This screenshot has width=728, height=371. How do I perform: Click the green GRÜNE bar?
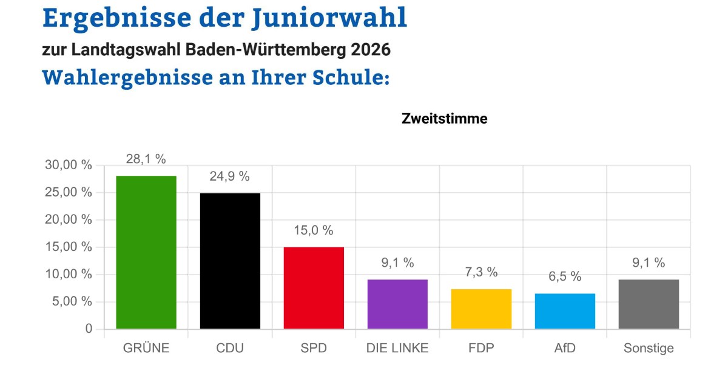coord(146,252)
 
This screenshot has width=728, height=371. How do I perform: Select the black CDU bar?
coord(230,261)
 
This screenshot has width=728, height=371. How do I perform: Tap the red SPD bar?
coord(314,288)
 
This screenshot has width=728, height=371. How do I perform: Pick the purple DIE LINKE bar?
coord(397,304)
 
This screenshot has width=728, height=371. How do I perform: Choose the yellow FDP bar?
coord(481,309)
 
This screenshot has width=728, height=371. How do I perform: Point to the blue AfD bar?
coord(565,312)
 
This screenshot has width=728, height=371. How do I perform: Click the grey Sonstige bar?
coord(649,304)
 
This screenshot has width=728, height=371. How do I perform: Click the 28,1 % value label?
coord(146,159)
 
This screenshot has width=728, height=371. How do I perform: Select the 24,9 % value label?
coord(230,176)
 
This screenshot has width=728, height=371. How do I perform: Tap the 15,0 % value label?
coord(314,230)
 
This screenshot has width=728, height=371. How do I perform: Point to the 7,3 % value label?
coord(481,272)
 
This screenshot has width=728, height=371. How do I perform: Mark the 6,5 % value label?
coord(565,276)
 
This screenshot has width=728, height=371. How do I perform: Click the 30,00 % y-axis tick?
coord(69,165)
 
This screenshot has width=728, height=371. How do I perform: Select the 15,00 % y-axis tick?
coord(69,247)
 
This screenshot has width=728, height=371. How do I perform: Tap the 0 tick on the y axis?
coord(89,329)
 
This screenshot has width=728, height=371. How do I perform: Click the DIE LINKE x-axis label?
coord(397,348)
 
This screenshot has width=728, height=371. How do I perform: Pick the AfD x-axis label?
coord(565,348)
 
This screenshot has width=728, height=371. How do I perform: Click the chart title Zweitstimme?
coord(444,119)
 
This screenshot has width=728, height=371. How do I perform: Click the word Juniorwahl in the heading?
coord(328,19)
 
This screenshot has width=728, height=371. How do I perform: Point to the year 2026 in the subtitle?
coord(370,50)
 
